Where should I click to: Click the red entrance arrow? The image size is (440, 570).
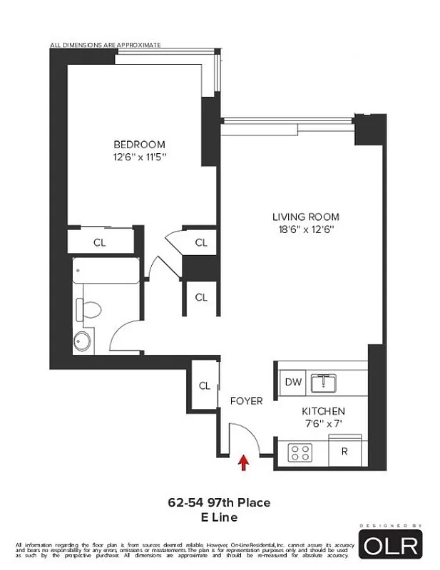244,464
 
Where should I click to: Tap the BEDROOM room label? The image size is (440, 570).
139,144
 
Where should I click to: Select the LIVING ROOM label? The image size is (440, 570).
305,217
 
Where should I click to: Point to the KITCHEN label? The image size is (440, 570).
323,411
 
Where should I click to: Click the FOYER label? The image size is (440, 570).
246,401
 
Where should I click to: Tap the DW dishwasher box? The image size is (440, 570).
293,382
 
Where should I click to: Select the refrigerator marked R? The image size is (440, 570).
344,451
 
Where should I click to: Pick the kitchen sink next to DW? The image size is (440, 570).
329,382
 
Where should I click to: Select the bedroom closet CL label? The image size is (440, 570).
100,242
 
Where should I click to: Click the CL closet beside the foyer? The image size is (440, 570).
205,386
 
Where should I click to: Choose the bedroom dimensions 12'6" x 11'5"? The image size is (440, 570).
139,157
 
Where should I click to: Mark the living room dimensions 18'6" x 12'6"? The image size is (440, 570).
305,229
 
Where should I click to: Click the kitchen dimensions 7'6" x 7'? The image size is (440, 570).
323,424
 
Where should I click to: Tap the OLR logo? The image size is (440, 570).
392,546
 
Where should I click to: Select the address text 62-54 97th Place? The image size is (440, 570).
219,503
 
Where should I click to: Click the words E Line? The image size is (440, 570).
219,517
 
